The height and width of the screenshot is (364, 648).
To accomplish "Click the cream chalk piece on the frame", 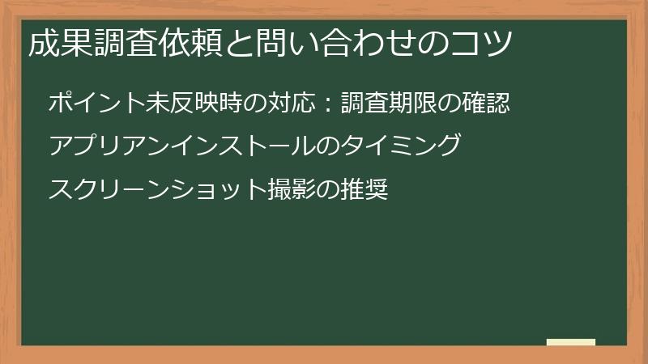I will (571, 342).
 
